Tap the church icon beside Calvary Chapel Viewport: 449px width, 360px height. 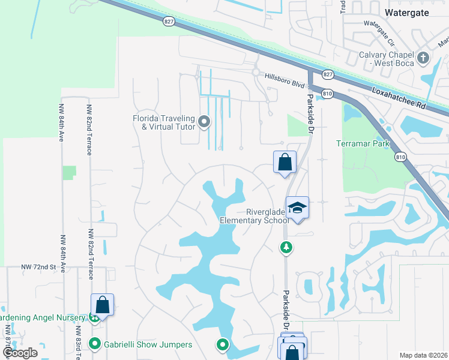pos(423,58)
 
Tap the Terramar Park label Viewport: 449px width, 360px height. pos(363,143)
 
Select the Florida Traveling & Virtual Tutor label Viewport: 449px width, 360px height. pos(166,122)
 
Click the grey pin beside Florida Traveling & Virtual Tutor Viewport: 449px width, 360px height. pos(204,123)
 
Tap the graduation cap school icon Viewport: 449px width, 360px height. pos(297,208)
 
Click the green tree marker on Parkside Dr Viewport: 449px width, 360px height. pos(287,247)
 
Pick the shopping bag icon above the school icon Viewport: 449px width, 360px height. pos(285,161)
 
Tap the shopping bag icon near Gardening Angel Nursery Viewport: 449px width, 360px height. pos(102,304)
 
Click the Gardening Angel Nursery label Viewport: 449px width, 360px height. pos(44,317)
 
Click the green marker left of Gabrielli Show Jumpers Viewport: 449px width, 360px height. pos(95,344)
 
